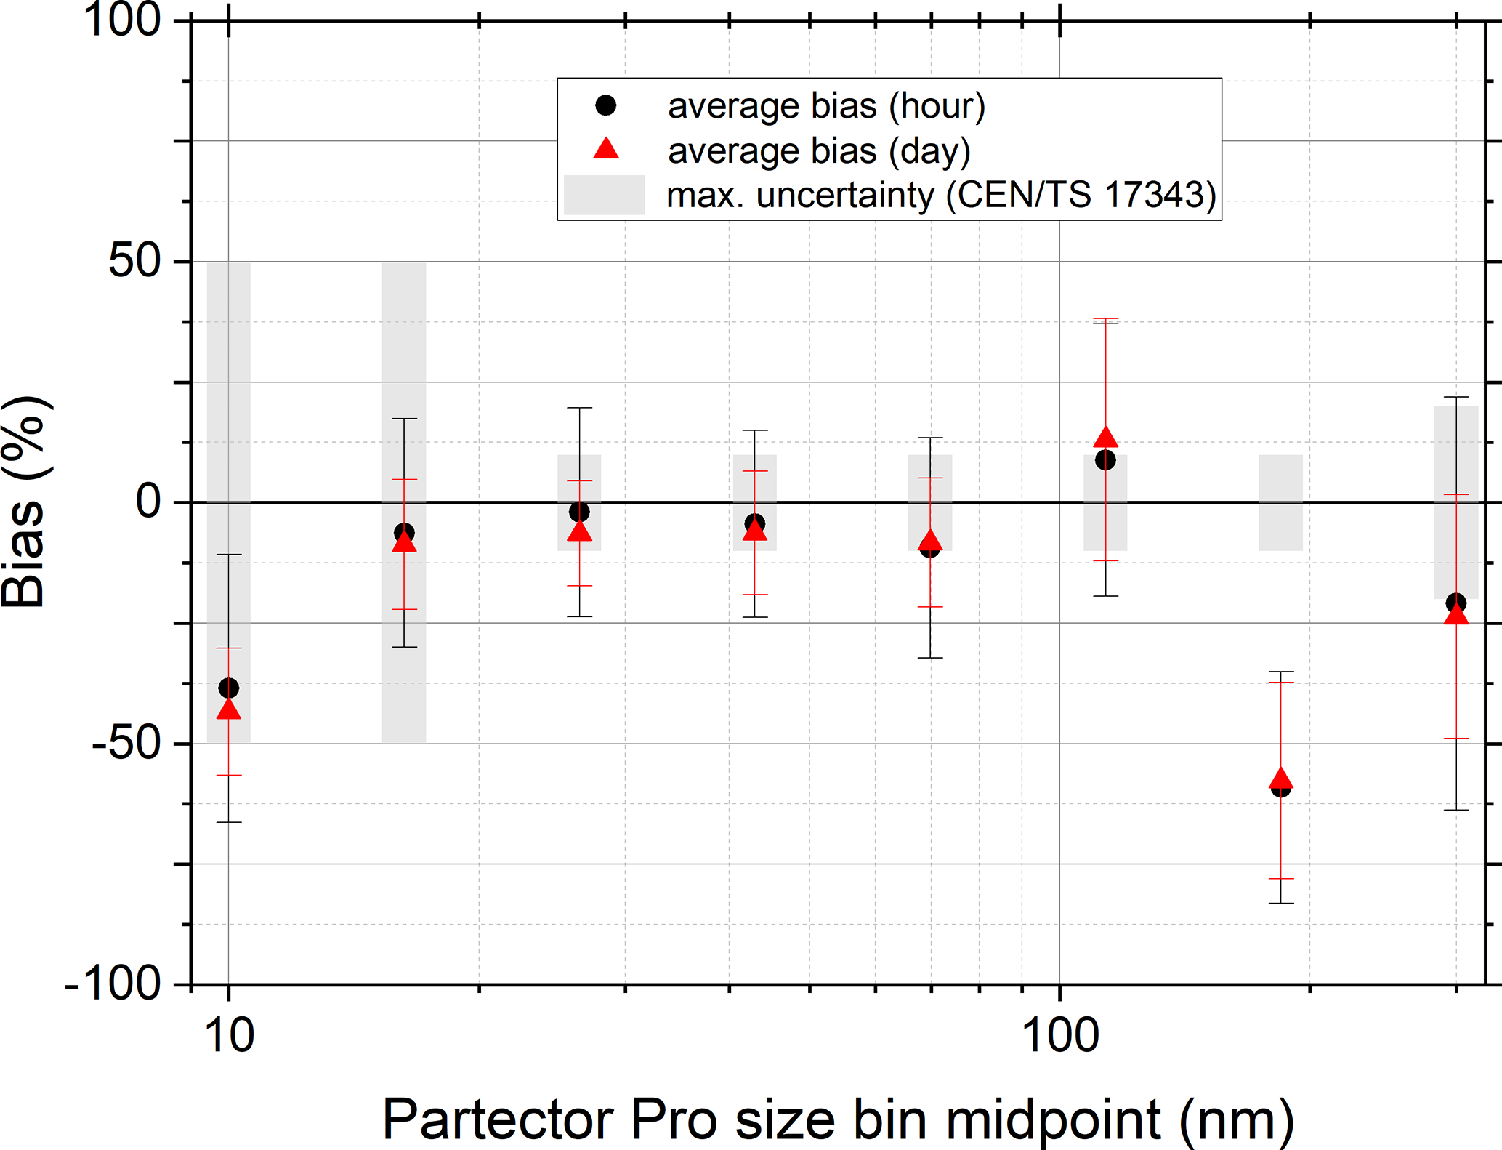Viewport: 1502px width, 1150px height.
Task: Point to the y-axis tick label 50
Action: click(134, 261)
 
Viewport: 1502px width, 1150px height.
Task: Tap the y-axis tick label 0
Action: click(148, 502)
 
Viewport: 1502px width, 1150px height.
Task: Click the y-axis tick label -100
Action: click(113, 984)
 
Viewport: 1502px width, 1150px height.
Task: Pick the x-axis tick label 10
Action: click(230, 1035)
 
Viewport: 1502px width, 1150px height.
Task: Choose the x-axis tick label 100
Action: click(1060, 1035)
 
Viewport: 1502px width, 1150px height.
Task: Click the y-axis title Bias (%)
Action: click(25, 502)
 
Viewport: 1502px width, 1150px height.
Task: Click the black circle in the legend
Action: click(605, 105)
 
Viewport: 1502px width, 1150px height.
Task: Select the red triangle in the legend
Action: click(605, 149)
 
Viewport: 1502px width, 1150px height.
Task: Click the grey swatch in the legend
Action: click(604, 195)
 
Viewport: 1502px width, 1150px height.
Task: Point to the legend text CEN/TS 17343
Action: click(1081, 195)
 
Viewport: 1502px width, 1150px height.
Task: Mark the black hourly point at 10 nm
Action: click(229, 688)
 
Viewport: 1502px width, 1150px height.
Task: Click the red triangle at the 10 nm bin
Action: click(229, 709)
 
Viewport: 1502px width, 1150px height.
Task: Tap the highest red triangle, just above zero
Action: click(1105, 438)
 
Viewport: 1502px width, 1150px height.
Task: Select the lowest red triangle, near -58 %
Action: click(1280, 779)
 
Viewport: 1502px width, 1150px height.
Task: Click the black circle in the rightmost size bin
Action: click(1455, 603)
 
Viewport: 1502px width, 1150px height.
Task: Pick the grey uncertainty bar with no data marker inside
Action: click(1280, 502)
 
